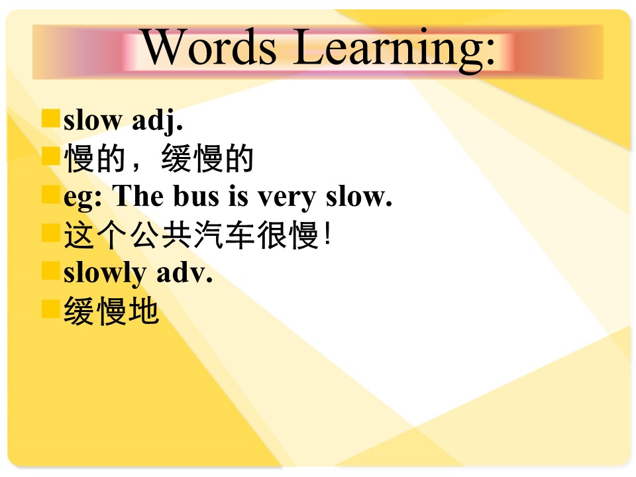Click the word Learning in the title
click(389, 50)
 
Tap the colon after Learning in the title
click(491, 52)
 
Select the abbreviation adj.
click(158, 121)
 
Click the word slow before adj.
click(93, 121)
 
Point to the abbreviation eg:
click(83, 198)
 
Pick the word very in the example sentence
click(287, 198)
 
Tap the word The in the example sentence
click(138, 195)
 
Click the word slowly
click(105, 273)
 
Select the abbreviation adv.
click(185, 272)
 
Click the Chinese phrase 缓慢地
click(111, 311)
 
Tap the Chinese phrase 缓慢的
click(207, 158)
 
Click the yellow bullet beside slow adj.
click(51, 118)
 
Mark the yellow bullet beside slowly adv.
click(51, 271)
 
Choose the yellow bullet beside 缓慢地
click(51, 309)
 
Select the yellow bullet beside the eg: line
click(51, 194)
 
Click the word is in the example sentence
click(238, 196)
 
